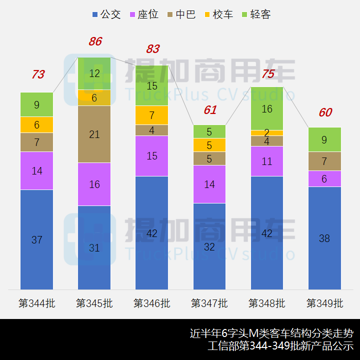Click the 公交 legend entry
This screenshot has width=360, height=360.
point(106,14)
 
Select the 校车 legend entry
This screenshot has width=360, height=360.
point(218,14)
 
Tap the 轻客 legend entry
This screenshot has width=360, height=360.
point(255,14)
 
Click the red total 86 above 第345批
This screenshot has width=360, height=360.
point(95,41)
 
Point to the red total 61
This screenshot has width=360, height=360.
point(210,110)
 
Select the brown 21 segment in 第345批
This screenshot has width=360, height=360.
point(94,134)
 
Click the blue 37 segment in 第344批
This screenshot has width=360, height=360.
point(37,239)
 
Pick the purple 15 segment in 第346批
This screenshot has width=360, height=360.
point(152,155)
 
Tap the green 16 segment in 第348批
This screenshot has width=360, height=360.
point(267,108)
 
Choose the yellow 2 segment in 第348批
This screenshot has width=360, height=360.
point(267,133)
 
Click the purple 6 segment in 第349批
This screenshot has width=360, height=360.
point(324,178)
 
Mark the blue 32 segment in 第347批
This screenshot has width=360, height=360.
point(209,246)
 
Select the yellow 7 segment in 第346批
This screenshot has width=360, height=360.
point(152,115)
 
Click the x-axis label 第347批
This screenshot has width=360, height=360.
point(209,303)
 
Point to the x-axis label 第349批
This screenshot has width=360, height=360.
point(324,303)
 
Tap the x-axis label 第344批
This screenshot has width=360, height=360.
point(37,303)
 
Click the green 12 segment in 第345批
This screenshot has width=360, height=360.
point(94,73)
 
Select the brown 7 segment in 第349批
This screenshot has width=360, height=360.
point(324,161)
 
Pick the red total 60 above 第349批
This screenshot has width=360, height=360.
point(325,112)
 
